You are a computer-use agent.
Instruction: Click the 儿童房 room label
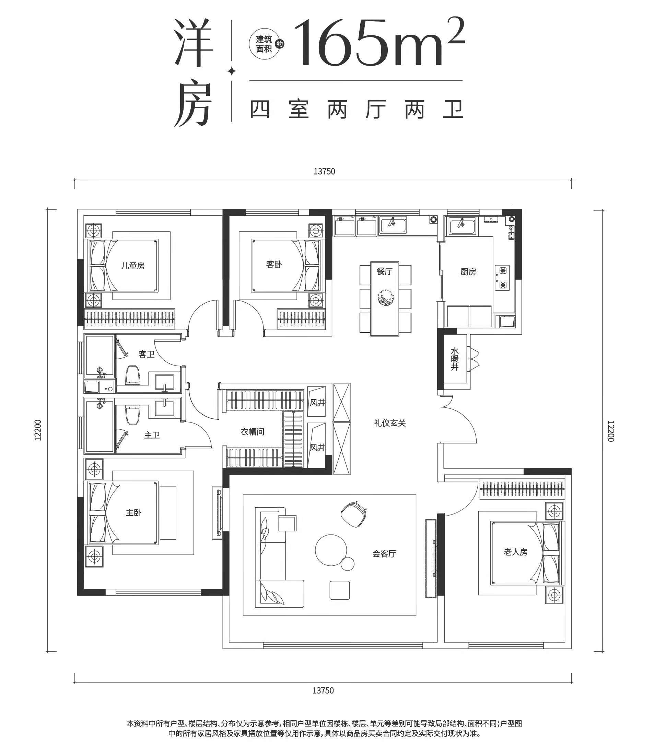[133, 266]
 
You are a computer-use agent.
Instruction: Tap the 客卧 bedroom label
[274, 264]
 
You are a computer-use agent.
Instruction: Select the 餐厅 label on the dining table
[384, 271]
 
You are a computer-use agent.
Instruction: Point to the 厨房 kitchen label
[468, 272]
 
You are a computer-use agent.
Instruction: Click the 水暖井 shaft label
[454, 359]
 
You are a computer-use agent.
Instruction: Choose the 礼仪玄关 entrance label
[390, 423]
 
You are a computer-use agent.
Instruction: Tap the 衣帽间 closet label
[252, 432]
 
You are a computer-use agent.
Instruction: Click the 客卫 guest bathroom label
[147, 354]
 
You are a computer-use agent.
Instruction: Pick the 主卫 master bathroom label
[152, 435]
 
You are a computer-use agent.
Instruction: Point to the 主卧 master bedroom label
[133, 512]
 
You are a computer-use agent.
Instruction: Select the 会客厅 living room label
[384, 554]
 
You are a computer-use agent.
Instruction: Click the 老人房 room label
[516, 552]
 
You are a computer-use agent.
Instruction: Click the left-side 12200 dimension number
[38, 430]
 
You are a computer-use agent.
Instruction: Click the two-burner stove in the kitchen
[503, 278]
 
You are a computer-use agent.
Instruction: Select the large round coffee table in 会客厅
[331, 550]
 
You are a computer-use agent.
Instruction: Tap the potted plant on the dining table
[385, 298]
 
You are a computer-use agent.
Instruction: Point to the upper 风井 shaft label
[317, 403]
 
